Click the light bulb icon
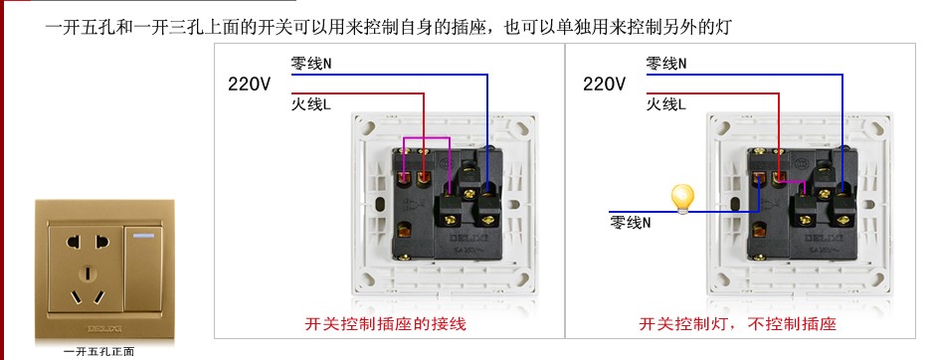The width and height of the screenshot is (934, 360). pyautogui.click(x=682, y=197)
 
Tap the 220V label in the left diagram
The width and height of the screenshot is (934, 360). pyautogui.click(x=250, y=85)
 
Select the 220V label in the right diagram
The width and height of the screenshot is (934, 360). pyautogui.click(x=604, y=85)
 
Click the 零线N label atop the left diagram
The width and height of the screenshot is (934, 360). pyautogui.click(x=311, y=64)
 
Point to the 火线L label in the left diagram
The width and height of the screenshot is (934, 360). pyautogui.click(x=311, y=103)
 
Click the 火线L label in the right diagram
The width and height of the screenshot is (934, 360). pyautogui.click(x=665, y=103)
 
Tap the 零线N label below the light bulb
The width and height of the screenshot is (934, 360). pyautogui.click(x=631, y=223)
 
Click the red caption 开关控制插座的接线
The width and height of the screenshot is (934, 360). pyautogui.click(x=385, y=324)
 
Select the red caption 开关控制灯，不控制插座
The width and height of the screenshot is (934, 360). pyautogui.click(x=737, y=324)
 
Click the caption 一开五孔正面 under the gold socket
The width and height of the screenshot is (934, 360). pyautogui.click(x=98, y=351)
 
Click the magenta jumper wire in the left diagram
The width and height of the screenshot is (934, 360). pyautogui.click(x=425, y=138)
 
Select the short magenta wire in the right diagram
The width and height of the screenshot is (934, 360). pyautogui.click(x=787, y=184)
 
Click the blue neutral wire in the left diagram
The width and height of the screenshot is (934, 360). pyautogui.click(x=486, y=109)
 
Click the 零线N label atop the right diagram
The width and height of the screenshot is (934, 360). pyautogui.click(x=665, y=64)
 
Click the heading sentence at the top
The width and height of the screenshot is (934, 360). pyautogui.click(x=388, y=27)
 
